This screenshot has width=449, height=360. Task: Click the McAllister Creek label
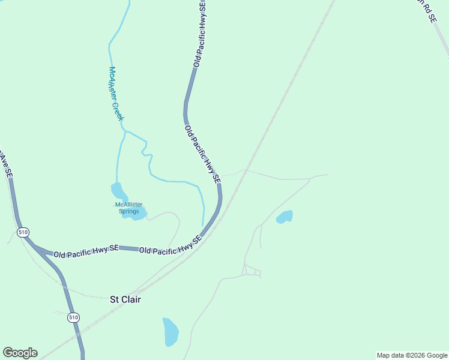tap(116, 94)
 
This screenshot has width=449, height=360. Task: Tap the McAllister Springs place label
tap(128, 208)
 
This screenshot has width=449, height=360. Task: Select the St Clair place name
tap(125, 299)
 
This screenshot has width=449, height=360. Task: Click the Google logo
tap(20, 353)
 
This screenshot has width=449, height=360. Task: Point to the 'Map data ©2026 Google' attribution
tap(412, 355)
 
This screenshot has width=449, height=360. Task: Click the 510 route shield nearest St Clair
tap(73, 317)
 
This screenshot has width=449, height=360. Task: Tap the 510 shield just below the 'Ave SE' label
tap(23, 232)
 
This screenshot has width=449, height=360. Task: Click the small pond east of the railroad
tap(285, 217)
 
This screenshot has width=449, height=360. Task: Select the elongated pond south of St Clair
tap(170, 331)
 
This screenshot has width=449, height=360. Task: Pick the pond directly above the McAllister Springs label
tap(118, 192)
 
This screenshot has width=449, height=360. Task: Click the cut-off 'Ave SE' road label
tap(5, 166)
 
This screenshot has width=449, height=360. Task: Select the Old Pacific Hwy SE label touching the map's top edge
tap(200, 33)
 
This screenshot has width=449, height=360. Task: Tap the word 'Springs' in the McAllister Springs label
tap(128, 211)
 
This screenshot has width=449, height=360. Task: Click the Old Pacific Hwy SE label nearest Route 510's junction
tap(86, 251)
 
